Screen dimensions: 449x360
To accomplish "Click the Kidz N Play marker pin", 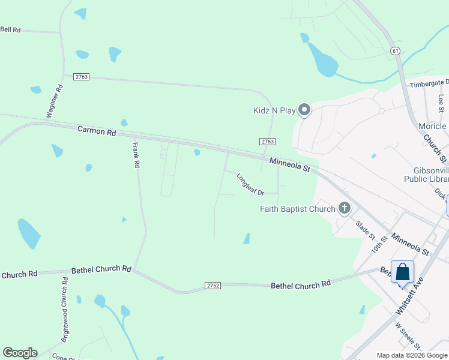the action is coord(304,110).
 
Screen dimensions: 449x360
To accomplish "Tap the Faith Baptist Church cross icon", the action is coord(344,209).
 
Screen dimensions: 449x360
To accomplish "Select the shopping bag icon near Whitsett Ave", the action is coord(402,272).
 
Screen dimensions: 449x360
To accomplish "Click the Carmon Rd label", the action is coord(97,130).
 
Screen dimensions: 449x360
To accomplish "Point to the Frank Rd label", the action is coord(136,155).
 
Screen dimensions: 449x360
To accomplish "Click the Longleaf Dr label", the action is coord(250,185).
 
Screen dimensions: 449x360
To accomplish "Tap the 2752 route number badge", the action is coord(212,285).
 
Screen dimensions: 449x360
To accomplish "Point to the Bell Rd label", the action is coord(10,29).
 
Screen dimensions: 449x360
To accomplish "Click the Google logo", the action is coord(20,353).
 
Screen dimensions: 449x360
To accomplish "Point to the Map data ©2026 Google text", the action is coord(412,355).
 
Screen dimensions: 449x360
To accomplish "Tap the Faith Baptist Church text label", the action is coord(298,209).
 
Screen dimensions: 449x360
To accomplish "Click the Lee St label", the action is coord(442,102).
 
